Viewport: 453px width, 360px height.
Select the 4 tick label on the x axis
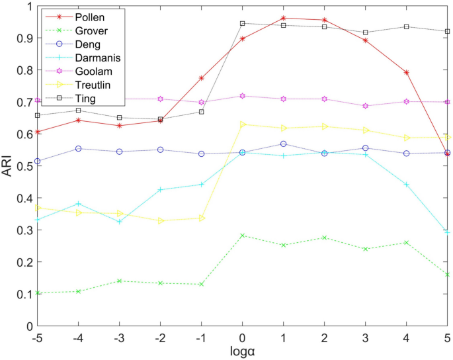point(406,337)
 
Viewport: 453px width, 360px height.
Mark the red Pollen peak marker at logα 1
point(283,18)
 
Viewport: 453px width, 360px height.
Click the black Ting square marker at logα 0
point(243,23)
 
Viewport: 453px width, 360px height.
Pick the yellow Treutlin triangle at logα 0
point(243,124)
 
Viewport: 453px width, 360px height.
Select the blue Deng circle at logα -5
point(38,161)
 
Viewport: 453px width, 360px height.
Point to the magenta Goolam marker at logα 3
point(365,106)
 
